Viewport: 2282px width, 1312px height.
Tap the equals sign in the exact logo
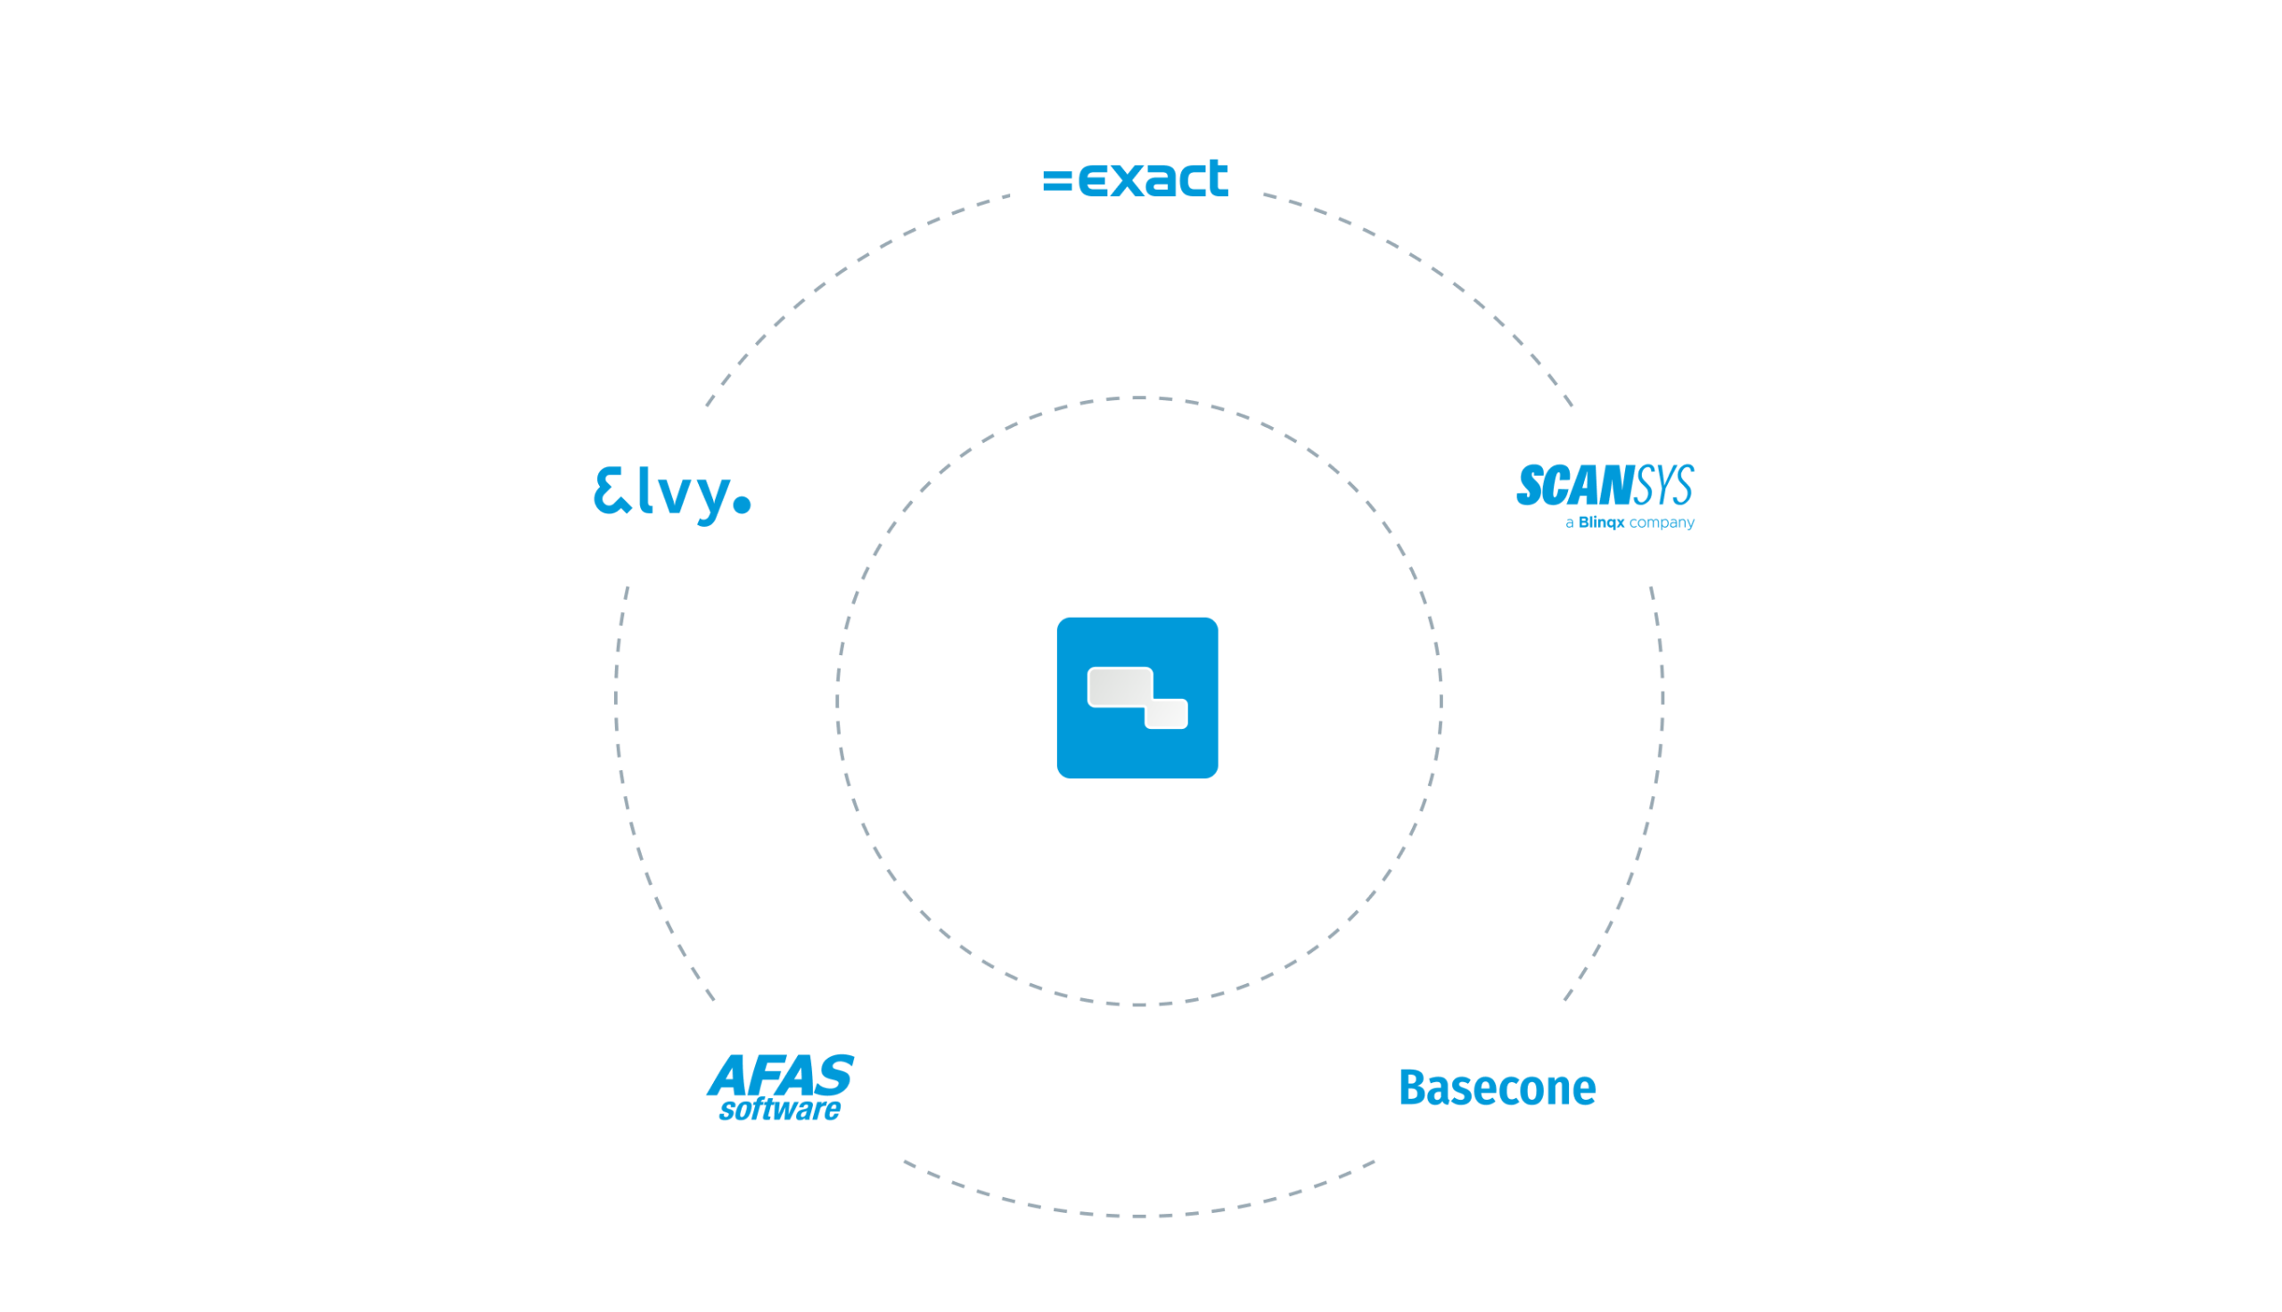click(x=1057, y=180)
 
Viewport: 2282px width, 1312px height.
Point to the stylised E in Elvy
click(x=612, y=491)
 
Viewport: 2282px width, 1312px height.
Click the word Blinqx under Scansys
click(x=1601, y=522)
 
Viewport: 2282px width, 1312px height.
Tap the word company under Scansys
click(x=1662, y=522)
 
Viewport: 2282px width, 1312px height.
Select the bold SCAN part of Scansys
click(x=1574, y=486)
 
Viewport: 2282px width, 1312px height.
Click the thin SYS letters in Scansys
click(x=1663, y=486)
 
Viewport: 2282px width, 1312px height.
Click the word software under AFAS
click(x=779, y=1110)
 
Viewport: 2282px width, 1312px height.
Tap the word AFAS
click(x=780, y=1074)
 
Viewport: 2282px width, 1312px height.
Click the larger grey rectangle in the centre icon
click(x=1118, y=686)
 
